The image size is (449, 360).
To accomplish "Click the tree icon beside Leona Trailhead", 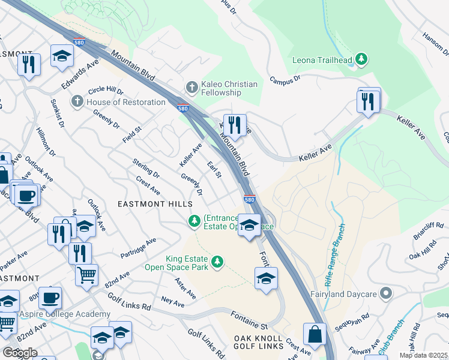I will tap(361, 59).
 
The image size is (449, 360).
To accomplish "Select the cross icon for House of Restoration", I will tap(77, 102).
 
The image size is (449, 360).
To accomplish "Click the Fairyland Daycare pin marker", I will tap(387, 294).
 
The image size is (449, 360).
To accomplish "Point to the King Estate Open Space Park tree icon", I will tap(217, 262).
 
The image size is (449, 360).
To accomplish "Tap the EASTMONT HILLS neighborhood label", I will tap(154, 204).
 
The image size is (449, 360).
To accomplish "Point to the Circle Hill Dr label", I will tap(106, 91).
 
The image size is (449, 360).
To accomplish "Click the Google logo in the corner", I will tap(20, 352).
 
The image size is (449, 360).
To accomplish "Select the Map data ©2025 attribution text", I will tap(424, 355).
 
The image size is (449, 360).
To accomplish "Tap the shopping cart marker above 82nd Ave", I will tap(87, 275).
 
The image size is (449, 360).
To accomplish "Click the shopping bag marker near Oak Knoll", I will tap(314, 334).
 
